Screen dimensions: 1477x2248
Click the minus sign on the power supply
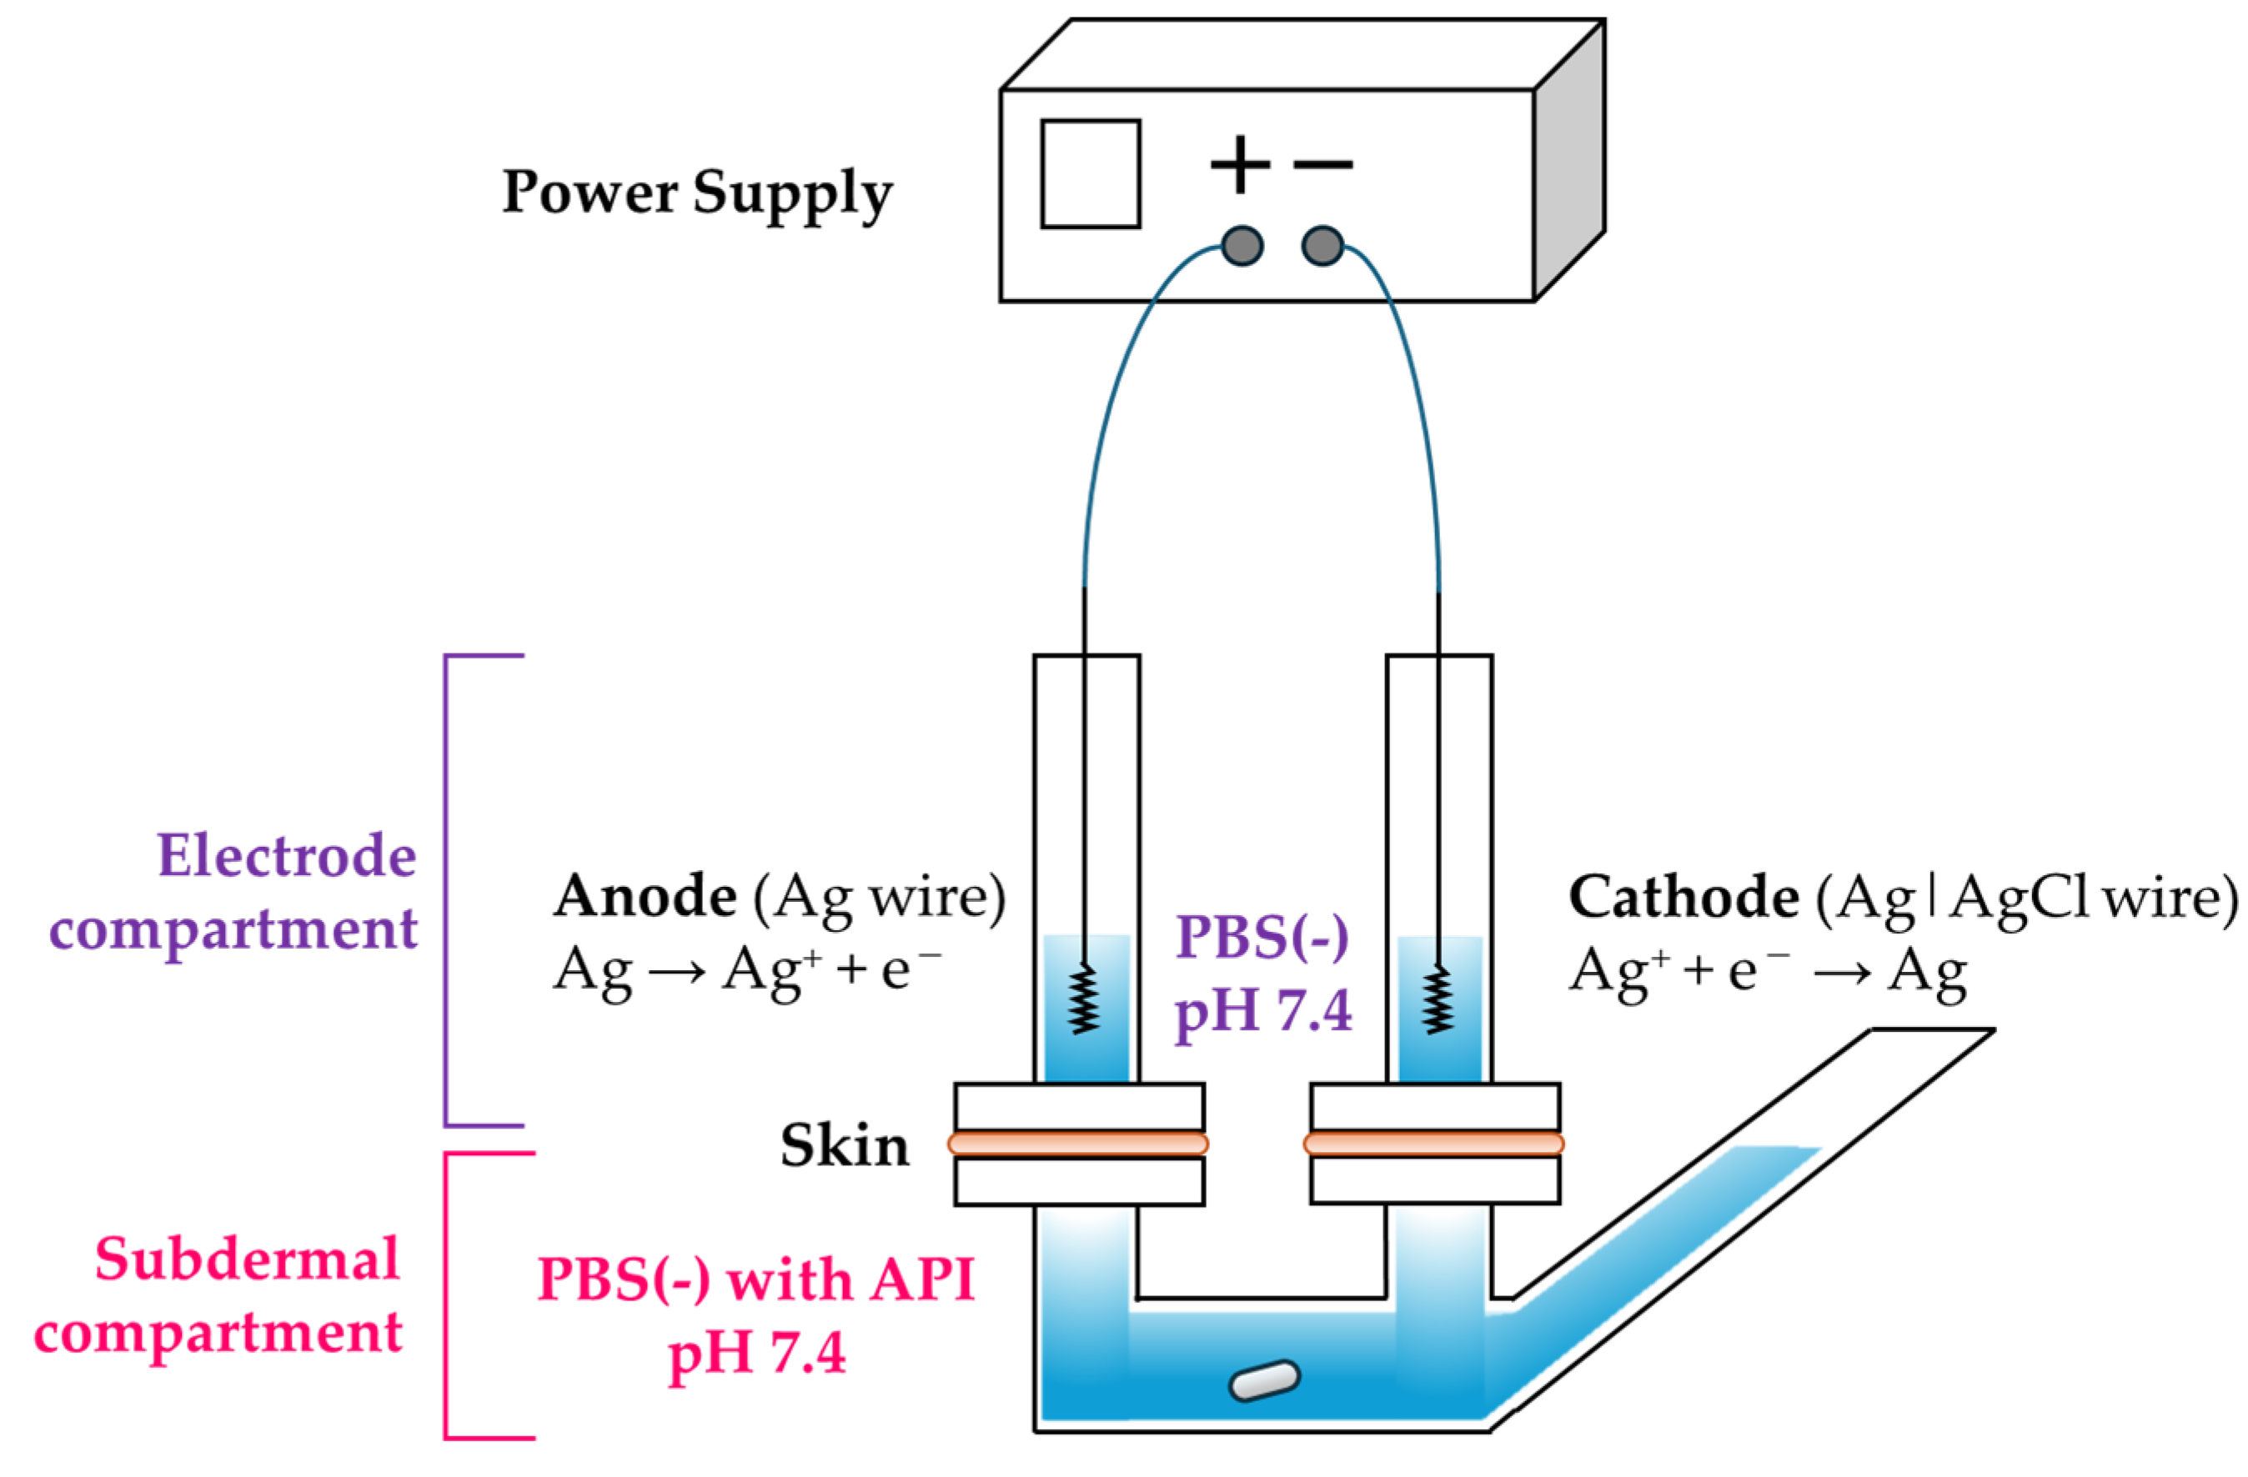[1322, 164]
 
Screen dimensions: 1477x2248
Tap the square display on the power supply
[1090, 173]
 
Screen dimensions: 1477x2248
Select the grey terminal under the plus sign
[1242, 247]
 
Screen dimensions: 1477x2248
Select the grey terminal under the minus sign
[1322, 247]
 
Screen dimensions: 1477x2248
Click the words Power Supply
[696, 193]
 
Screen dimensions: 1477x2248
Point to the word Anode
[645, 895]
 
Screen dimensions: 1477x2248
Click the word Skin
[845, 1146]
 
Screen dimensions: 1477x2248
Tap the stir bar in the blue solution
[1264, 1380]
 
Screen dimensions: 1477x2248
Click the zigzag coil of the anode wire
[1084, 999]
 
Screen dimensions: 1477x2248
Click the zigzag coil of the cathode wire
[1438, 999]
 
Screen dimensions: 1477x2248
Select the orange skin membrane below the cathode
[1434, 1144]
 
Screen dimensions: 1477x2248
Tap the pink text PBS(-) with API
[755, 1281]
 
